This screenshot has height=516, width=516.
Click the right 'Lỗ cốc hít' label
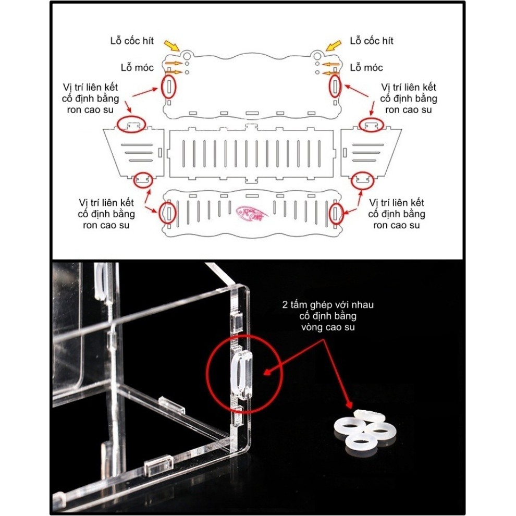[x=372, y=41]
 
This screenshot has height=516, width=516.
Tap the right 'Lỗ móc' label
[x=366, y=68]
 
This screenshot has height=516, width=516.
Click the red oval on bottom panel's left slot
[x=168, y=212]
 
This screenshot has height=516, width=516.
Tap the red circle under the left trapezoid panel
[x=143, y=180]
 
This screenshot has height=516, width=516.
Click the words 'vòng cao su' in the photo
[x=327, y=327]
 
